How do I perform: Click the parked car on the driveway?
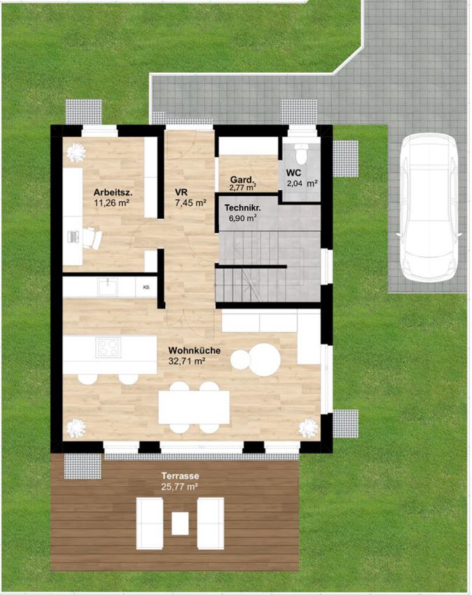[x=428, y=206]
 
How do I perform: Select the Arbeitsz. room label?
[x=113, y=192]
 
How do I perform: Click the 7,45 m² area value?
[x=190, y=202]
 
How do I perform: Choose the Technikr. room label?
[x=242, y=208]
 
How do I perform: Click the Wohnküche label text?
[x=195, y=350]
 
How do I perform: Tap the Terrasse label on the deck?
[x=180, y=475]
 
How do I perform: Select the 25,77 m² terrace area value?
[x=179, y=486]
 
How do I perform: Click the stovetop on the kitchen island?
[x=109, y=347]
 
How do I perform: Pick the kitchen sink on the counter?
[x=108, y=287]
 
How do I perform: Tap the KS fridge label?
[x=146, y=288]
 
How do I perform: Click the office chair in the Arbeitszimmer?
[x=92, y=238]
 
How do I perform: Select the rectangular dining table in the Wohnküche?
[x=194, y=407]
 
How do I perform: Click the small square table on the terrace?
[x=180, y=524]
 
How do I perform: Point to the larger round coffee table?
[x=264, y=359]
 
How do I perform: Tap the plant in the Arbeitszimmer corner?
[x=76, y=153]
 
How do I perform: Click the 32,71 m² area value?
[x=187, y=361]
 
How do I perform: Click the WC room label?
[x=293, y=174]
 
